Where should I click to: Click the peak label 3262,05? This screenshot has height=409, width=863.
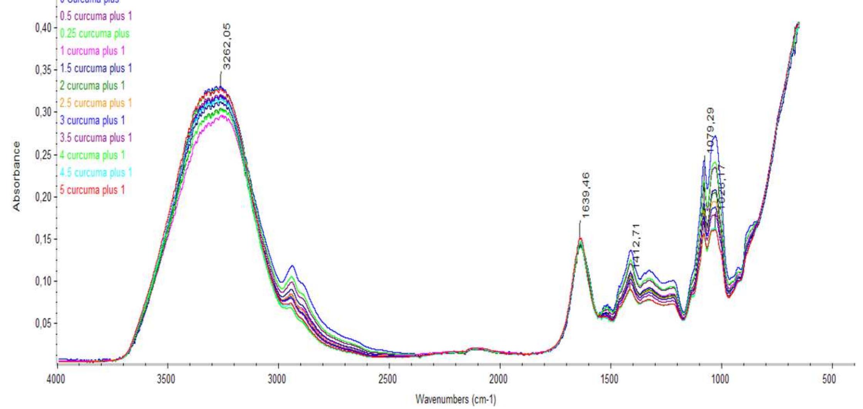[227, 47]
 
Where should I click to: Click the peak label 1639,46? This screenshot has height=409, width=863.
[585, 195]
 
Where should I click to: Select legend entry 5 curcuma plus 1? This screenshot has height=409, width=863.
[93, 190]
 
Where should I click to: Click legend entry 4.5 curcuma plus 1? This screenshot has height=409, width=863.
[96, 172]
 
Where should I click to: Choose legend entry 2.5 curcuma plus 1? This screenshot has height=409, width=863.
[96, 103]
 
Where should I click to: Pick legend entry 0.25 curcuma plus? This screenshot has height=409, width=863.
[95, 34]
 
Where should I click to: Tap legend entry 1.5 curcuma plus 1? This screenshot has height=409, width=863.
[96, 68]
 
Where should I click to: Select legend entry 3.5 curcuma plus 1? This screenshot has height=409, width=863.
[96, 138]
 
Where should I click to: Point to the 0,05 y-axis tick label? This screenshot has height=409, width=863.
[43, 323]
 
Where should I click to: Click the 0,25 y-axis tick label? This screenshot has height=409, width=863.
[43, 155]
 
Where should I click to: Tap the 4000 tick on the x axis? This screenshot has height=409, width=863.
[57, 379]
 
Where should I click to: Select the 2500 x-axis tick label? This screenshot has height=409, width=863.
[388, 379]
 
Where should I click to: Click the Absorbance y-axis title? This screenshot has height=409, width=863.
[16, 176]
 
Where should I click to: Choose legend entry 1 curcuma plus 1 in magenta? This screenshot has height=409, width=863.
[93, 51]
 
